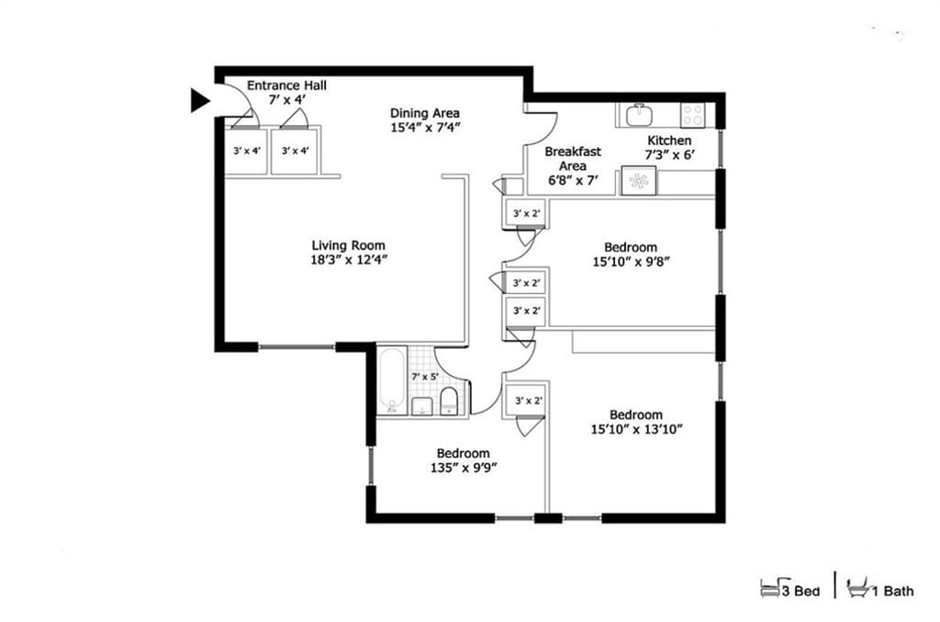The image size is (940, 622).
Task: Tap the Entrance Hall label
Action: click(x=285, y=85)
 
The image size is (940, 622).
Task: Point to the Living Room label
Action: click(x=348, y=245)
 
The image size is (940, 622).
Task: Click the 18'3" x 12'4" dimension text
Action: click(x=348, y=260)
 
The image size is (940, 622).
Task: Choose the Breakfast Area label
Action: click(x=573, y=158)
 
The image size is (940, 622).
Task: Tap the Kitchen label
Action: click(x=670, y=140)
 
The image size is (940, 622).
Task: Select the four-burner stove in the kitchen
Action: click(x=693, y=115)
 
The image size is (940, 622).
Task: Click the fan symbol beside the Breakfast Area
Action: click(x=638, y=181)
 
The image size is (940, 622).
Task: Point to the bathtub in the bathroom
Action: click(x=391, y=381)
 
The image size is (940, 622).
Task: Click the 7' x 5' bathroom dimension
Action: click(x=424, y=377)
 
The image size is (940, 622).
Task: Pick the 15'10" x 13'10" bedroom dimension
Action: click(x=635, y=429)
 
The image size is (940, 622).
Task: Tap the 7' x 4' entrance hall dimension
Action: click(x=285, y=99)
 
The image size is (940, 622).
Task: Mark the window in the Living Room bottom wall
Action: click(x=297, y=347)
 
